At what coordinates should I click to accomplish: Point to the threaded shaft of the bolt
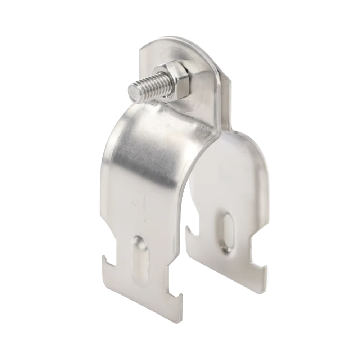(x=146, y=88)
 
